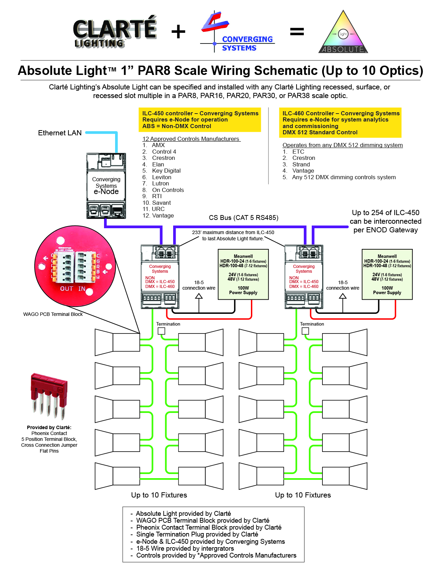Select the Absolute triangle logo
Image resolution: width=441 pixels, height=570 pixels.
click(x=343, y=33)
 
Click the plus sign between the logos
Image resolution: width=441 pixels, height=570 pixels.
click(x=178, y=32)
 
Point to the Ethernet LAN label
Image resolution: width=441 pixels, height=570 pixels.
click(x=60, y=133)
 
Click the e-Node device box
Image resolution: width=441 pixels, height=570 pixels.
click(x=106, y=186)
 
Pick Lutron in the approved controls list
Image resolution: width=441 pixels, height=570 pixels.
click(x=160, y=184)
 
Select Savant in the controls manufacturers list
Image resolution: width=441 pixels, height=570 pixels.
click(x=161, y=203)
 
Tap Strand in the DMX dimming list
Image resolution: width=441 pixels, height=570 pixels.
click(x=301, y=164)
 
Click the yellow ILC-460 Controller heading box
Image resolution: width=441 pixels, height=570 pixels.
click(x=340, y=123)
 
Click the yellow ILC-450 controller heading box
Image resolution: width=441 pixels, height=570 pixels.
click(x=200, y=119)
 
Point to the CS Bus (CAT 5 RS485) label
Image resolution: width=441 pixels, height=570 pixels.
click(x=243, y=218)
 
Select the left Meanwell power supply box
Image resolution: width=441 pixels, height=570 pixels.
click(x=243, y=274)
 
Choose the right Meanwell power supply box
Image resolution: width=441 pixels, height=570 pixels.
click(x=387, y=274)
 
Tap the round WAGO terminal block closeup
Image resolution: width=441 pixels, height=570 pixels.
click(x=75, y=267)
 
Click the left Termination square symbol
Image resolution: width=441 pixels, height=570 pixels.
click(x=161, y=331)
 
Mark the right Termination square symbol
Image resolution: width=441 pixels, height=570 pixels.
click(x=305, y=331)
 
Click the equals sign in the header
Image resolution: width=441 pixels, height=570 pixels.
click(x=297, y=32)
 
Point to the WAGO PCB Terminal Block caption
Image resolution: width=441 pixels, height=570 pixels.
click(x=53, y=314)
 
